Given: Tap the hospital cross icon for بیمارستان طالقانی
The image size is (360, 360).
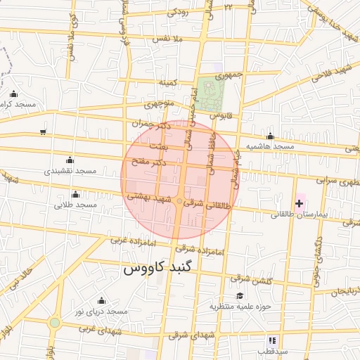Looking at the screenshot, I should (300, 204).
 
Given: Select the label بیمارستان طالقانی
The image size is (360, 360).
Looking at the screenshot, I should (290, 213).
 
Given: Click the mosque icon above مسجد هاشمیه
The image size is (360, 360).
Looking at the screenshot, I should (270, 136).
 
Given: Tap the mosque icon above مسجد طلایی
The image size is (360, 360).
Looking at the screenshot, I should (75, 195).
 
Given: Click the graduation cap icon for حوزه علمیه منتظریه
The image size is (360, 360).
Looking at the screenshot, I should (240, 296).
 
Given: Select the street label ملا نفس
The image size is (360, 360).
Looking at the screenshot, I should (171, 39).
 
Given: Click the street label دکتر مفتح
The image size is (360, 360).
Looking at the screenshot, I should (148, 162).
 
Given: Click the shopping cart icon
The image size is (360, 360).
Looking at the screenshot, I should (44, 131).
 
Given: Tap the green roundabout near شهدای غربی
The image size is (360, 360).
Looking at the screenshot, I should (55, 322).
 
